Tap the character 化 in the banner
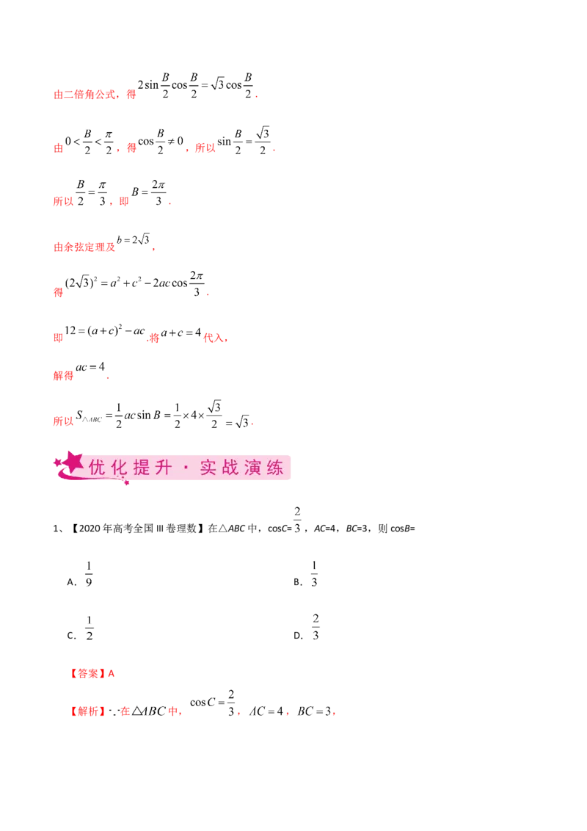(x=120, y=468)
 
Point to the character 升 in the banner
(x=165, y=468)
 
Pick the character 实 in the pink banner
(x=207, y=468)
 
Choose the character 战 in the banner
(x=230, y=468)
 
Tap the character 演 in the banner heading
(x=252, y=468)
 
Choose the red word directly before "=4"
(x=64, y=376)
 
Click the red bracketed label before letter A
(x=87, y=672)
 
